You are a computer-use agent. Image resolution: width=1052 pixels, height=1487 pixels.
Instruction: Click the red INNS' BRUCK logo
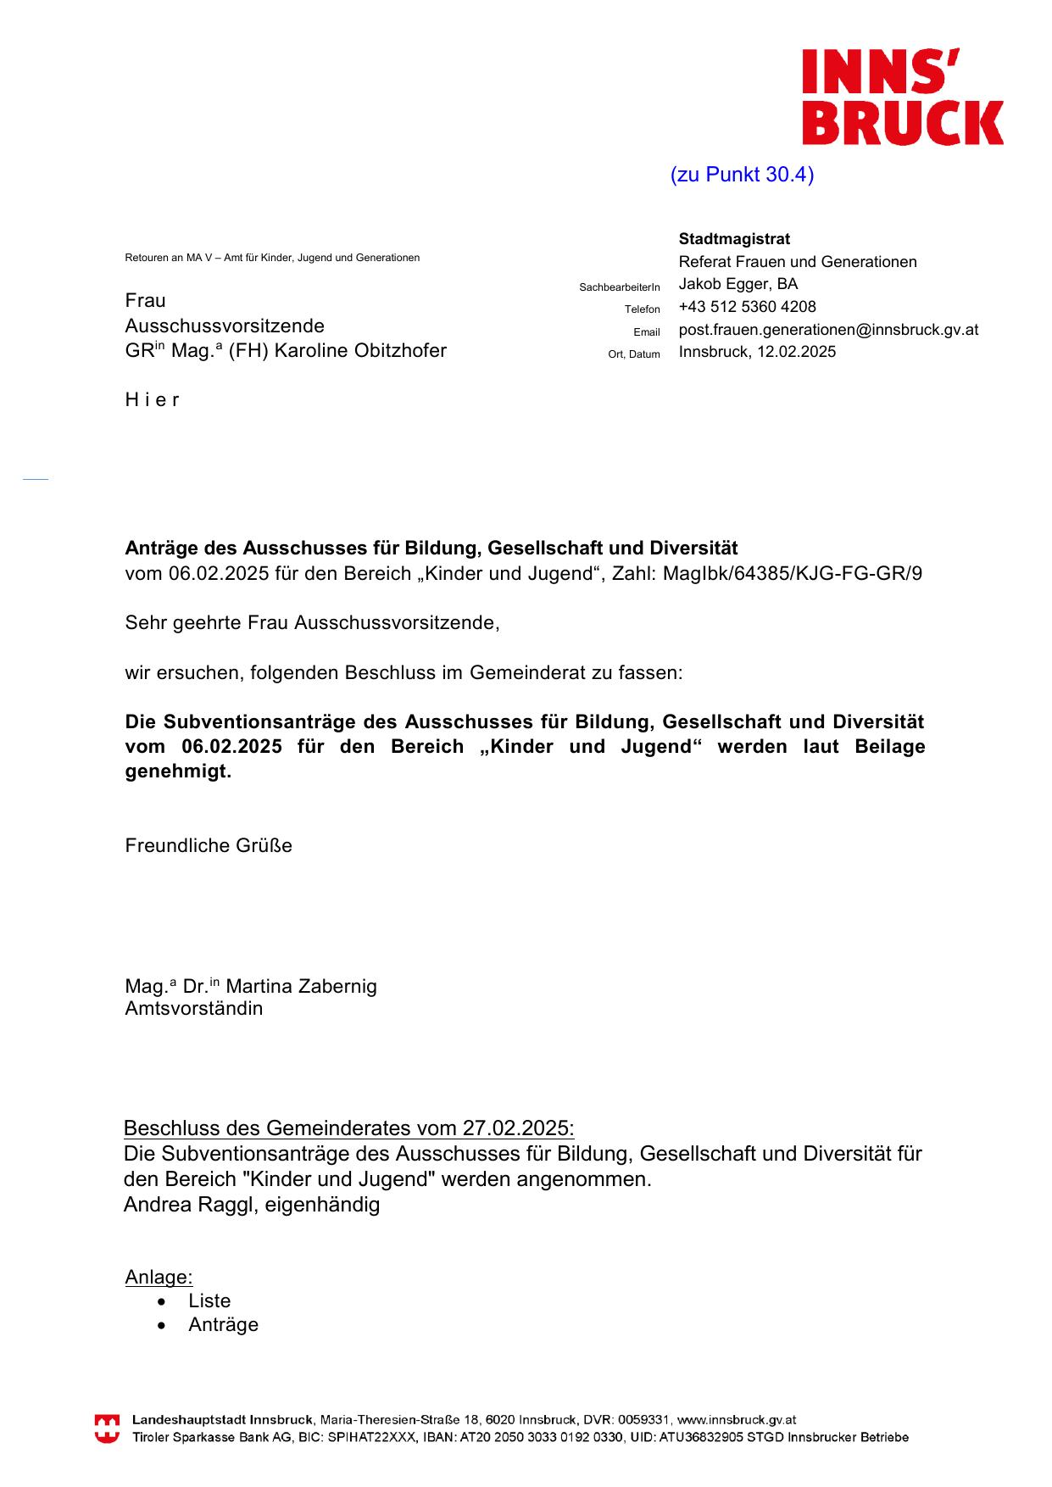click(903, 97)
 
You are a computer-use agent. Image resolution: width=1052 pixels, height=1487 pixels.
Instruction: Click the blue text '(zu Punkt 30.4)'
click(742, 175)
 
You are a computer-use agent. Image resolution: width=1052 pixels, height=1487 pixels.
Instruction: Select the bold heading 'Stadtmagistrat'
click(734, 239)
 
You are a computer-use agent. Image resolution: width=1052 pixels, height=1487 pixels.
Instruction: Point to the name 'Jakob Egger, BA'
click(738, 284)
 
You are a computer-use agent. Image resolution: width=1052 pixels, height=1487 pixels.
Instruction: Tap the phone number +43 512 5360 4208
click(747, 307)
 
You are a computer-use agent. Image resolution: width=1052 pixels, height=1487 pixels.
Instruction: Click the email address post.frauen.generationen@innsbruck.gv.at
click(828, 330)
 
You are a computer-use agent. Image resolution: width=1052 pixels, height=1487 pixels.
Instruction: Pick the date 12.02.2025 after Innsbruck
click(796, 352)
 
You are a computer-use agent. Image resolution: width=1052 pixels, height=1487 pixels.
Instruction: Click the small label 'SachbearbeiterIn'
click(619, 287)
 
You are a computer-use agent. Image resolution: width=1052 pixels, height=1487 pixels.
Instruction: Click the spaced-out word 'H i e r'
click(153, 400)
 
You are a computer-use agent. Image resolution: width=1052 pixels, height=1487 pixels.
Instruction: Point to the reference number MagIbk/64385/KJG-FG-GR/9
click(792, 574)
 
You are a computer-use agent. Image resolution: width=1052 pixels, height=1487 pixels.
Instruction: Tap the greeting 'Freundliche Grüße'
click(209, 846)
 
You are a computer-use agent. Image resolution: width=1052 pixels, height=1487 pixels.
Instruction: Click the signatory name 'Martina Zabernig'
click(301, 987)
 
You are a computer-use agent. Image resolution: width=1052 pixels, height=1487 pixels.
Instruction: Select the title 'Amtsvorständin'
click(194, 1009)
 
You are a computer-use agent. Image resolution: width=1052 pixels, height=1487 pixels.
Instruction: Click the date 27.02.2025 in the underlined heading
click(516, 1128)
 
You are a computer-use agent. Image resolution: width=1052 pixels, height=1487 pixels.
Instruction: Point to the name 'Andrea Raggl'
click(187, 1205)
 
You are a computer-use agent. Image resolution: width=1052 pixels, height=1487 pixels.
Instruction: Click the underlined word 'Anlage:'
click(159, 1278)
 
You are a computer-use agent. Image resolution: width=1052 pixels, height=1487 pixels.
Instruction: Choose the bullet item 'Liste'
click(209, 1301)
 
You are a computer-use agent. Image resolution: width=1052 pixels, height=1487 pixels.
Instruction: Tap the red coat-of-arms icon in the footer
click(107, 1429)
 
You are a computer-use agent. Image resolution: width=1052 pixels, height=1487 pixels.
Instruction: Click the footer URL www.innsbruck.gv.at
click(736, 1420)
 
